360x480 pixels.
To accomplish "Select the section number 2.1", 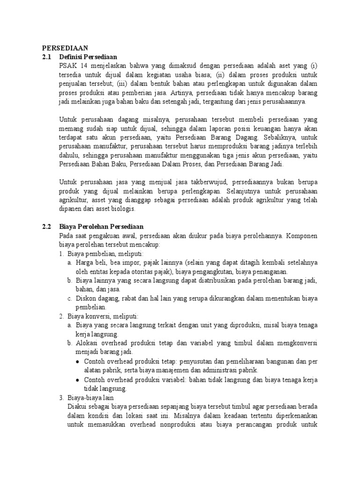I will [46, 57].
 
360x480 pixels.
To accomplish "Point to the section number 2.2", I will [46, 227].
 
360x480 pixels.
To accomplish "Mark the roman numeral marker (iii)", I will [122, 83].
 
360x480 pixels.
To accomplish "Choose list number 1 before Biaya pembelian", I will [62, 254].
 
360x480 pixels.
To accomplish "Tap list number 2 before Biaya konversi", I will [62, 316].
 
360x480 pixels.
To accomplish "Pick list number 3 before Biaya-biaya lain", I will [62, 397].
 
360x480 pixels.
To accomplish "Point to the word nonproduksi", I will [180, 424].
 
